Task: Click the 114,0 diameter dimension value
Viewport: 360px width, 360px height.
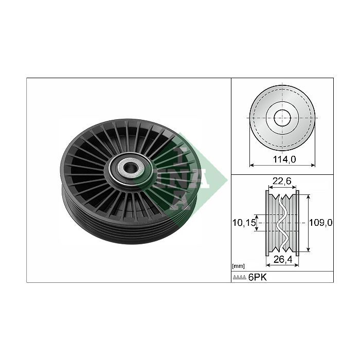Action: pyautogui.click(x=284, y=159)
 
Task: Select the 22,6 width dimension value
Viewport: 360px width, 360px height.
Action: pyautogui.click(x=282, y=181)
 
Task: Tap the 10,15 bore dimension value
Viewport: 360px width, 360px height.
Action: pyautogui.click(x=244, y=223)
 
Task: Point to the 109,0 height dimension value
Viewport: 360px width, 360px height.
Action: pyautogui.click(x=321, y=223)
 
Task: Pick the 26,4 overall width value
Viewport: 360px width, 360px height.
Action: pyautogui.click(x=283, y=259)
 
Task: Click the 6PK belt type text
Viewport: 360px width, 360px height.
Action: pyautogui.click(x=258, y=277)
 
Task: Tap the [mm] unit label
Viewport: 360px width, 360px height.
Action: pyautogui.click(x=238, y=266)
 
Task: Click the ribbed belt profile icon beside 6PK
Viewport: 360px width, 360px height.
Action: pyautogui.click(x=240, y=278)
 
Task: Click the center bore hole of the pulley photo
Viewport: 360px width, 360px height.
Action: pyautogui.click(x=131, y=167)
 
